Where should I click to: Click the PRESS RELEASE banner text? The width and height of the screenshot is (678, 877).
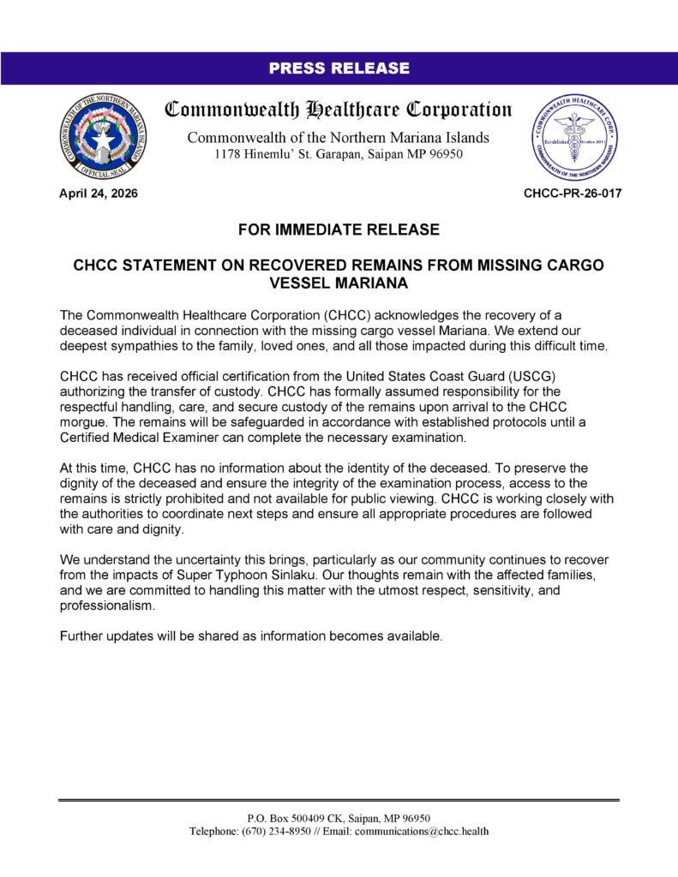tap(339, 69)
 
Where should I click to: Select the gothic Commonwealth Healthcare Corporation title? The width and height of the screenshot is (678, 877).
tap(339, 110)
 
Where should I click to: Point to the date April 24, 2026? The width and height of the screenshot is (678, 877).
tap(98, 194)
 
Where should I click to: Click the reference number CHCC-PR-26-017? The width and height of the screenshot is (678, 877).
tap(573, 194)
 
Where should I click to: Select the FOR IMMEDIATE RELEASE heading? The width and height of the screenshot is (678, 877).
tap(339, 230)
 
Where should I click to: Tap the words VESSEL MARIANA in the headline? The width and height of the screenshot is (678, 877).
tap(339, 283)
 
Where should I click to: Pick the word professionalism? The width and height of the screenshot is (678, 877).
tap(107, 606)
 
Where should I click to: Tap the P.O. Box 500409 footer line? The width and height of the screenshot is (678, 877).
tap(339, 818)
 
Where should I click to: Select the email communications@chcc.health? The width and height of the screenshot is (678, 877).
tap(422, 831)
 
